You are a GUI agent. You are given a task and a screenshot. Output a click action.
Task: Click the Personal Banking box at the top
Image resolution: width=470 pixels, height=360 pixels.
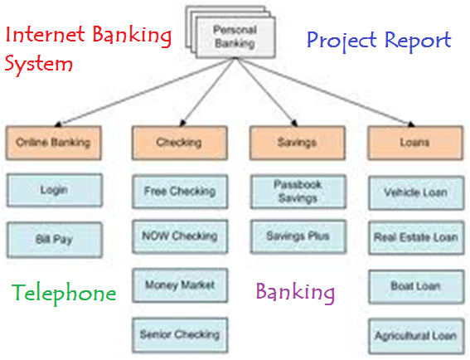point(235,37)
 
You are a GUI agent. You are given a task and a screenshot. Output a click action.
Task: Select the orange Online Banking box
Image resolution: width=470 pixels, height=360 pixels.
point(53,143)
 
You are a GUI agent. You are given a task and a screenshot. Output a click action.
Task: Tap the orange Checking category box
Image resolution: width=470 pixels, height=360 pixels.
point(180,143)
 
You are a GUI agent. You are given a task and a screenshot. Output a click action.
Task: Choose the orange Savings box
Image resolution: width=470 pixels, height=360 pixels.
point(298,143)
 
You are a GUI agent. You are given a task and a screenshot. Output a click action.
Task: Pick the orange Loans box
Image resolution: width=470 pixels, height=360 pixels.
point(415,143)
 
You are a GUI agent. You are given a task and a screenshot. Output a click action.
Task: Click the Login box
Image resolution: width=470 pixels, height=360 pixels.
point(55,190)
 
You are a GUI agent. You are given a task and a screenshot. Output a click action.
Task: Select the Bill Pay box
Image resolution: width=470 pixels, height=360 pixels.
point(55,240)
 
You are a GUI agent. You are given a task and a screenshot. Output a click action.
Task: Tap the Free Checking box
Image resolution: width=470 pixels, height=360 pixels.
point(180,192)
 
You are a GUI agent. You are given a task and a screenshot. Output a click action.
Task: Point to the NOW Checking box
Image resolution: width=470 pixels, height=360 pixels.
point(180,236)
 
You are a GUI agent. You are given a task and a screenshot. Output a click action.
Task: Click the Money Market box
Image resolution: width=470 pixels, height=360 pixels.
point(180,285)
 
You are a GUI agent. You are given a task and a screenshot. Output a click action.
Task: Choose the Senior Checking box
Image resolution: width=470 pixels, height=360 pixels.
point(180,335)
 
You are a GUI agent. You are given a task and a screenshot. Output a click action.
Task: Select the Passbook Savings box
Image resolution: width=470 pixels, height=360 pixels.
point(298,192)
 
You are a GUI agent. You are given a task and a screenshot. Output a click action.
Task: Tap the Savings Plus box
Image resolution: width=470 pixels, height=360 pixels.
point(298,236)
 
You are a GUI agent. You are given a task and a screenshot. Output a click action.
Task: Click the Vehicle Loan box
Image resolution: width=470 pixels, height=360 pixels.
point(416,193)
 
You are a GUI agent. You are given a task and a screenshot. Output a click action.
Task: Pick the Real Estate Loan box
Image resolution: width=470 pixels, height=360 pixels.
point(416,238)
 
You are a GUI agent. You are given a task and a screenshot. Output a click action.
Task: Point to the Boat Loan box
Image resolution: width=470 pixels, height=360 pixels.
point(416,287)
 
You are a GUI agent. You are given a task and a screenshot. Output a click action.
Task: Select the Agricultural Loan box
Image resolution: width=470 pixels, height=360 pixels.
point(416,336)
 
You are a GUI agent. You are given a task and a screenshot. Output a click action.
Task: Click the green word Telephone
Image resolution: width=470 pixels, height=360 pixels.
point(64,294)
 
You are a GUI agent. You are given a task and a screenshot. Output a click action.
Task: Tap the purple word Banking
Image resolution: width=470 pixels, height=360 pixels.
point(295,293)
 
